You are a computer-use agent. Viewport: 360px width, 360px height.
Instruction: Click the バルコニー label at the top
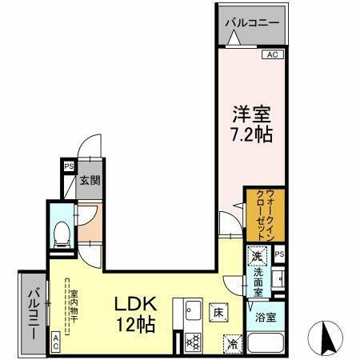click(x=251, y=24)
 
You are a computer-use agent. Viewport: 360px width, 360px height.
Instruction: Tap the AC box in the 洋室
click(x=272, y=55)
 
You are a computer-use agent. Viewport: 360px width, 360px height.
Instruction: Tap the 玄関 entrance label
click(x=89, y=181)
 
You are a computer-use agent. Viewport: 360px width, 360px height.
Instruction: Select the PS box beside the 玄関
click(x=69, y=167)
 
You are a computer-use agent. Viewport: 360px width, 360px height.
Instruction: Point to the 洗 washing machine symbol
click(x=257, y=257)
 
